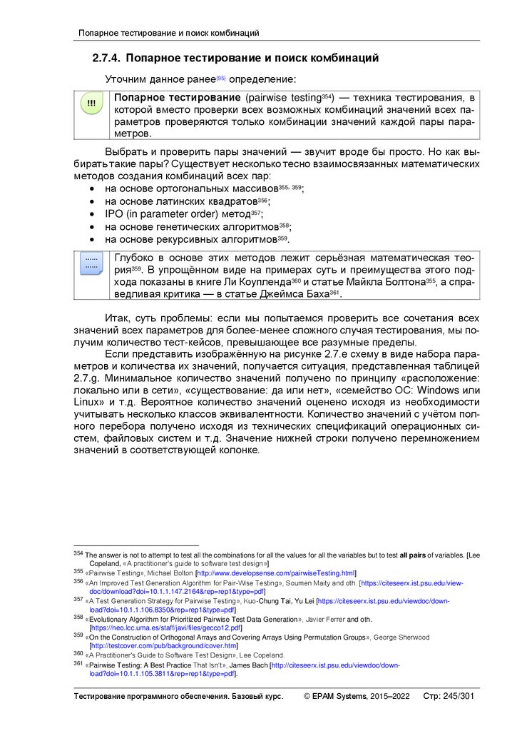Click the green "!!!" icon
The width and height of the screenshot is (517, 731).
(91, 104)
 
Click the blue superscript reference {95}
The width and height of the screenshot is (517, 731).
(221, 77)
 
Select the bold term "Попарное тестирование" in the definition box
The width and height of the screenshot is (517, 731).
(178, 97)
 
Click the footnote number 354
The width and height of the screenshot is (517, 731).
(78, 553)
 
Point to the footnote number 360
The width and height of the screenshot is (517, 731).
(78, 654)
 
